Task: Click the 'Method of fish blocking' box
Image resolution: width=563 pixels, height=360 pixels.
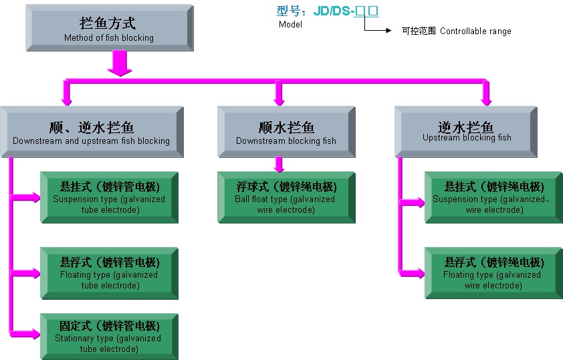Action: pyautogui.click(x=109, y=29)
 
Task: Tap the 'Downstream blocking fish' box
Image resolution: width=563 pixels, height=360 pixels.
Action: pyautogui.click(x=286, y=131)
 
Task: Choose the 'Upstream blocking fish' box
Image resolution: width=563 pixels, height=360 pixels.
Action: pyautogui.click(x=466, y=131)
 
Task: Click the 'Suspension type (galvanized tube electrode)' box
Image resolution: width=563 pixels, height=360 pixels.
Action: pyautogui.click(x=109, y=197)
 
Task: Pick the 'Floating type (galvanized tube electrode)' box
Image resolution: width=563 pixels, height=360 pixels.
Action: pyautogui.click(x=109, y=273)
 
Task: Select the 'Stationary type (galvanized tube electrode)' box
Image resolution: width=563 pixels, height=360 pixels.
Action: pyautogui.click(x=109, y=337)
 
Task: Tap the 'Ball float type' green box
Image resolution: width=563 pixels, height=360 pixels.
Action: pyautogui.click(x=286, y=197)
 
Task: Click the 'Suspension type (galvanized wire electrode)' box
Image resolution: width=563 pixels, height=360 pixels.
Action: pyautogui.click(x=494, y=197)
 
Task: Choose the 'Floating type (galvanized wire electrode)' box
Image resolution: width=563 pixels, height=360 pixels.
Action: pyautogui.click(x=494, y=273)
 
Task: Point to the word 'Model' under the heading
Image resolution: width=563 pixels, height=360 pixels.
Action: pyautogui.click(x=290, y=25)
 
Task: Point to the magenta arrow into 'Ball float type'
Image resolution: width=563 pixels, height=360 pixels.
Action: pyautogui.click(x=279, y=165)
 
